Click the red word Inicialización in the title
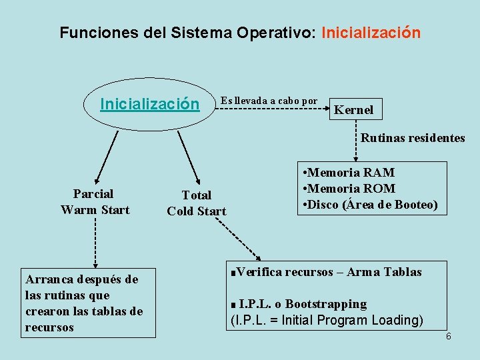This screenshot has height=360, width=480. pyautogui.click(x=371, y=33)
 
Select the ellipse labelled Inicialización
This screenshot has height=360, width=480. pyautogui.click(x=149, y=105)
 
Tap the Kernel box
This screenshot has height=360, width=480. pyautogui.click(x=353, y=110)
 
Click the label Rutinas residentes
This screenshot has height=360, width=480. pyautogui.click(x=413, y=138)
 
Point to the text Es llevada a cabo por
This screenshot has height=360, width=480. pyautogui.click(x=269, y=101)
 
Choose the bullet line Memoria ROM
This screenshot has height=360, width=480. pyautogui.click(x=349, y=189)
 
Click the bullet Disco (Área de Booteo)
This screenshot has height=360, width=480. pyautogui.click(x=370, y=205)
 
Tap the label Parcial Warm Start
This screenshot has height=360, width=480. pyautogui.click(x=94, y=202)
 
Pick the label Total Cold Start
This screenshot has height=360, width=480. pyautogui.click(x=197, y=203)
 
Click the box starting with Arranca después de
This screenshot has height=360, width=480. pyautogui.click(x=88, y=303)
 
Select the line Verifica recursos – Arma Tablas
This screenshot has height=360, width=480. pyautogui.click(x=327, y=272)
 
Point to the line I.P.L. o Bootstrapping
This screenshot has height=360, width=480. pyautogui.click(x=301, y=304)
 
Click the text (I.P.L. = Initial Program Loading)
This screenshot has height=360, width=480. pyautogui.click(x=326, y=320)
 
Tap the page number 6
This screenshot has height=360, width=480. pyautogui.click(x=449, y=336)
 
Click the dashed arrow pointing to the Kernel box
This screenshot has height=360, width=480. pyautogui.click(x=273, y=108)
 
